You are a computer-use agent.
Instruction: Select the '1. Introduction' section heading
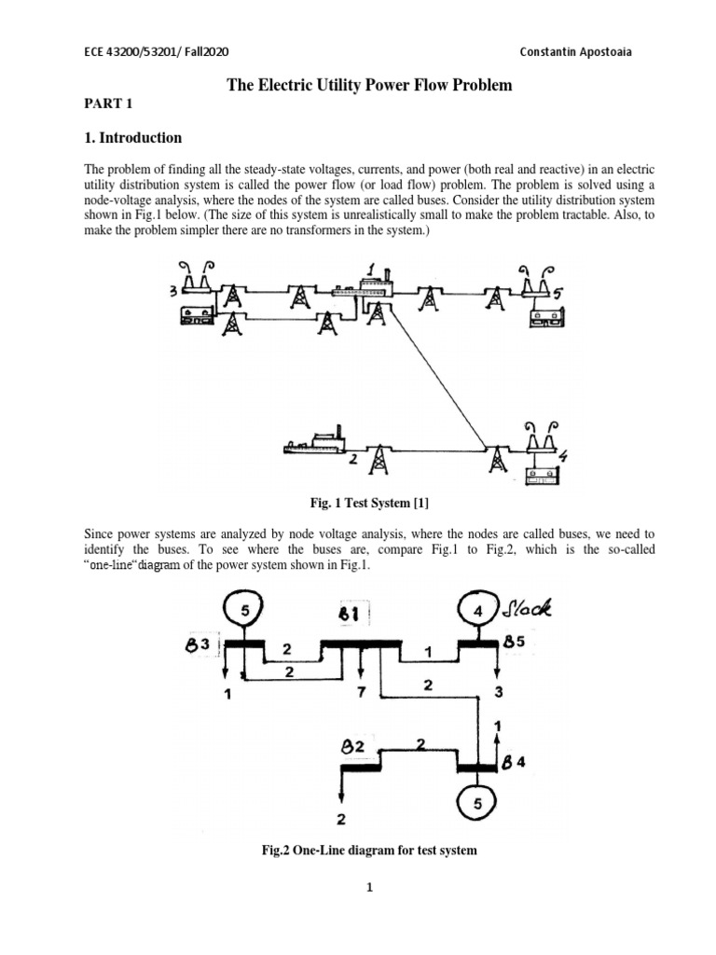click(x=133, y=138)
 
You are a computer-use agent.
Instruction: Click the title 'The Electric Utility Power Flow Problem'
click(x=370, y=86)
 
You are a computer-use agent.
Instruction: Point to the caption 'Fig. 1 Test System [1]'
click(x=369, y=504)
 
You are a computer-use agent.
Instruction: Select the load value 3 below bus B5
click(x=499, y=692)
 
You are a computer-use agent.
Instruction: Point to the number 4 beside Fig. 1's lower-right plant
click(x=564, y=456)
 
